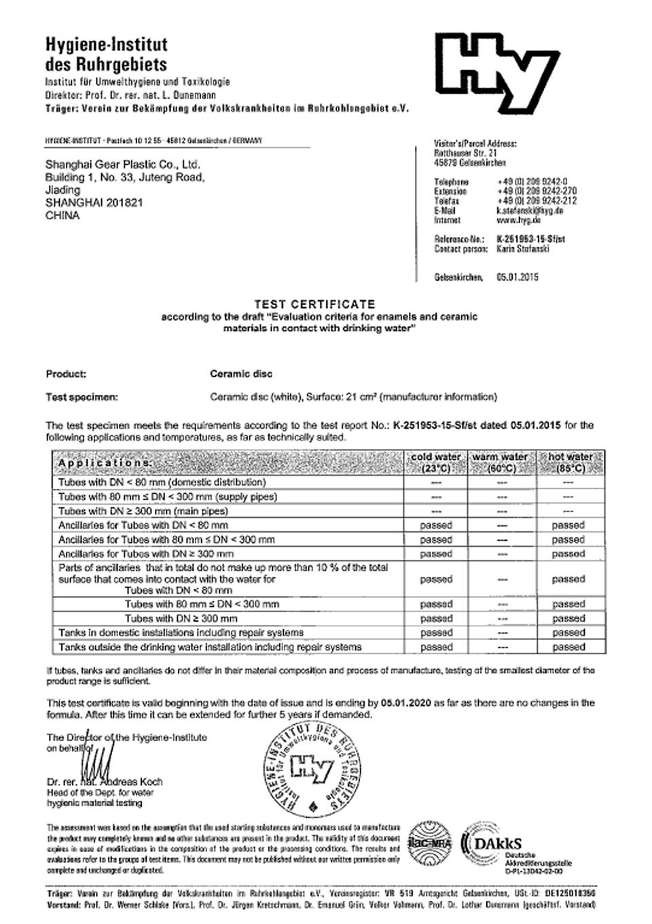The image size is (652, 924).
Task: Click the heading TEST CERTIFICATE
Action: click(314, 304)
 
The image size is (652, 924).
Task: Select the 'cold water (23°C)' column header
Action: click(435, 463)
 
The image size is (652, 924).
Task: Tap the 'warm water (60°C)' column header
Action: click(501, 463)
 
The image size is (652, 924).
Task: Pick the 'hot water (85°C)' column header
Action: click(570, 463)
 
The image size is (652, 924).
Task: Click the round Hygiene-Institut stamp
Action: click(313, 768)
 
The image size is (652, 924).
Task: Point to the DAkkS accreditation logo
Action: click(503, 846)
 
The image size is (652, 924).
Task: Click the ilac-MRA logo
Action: click(429, 842)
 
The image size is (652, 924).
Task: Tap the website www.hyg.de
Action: click(518, 220)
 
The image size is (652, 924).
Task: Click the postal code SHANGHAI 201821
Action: click(94, 202)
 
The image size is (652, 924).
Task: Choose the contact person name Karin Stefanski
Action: click(523, 249)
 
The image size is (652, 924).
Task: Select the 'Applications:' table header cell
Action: click(105, 463)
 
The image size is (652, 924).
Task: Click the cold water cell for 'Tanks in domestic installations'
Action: click(436, 633)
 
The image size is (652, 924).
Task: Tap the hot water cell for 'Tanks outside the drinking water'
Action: click(568, 647)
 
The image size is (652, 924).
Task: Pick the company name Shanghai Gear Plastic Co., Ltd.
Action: click(122, 164)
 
